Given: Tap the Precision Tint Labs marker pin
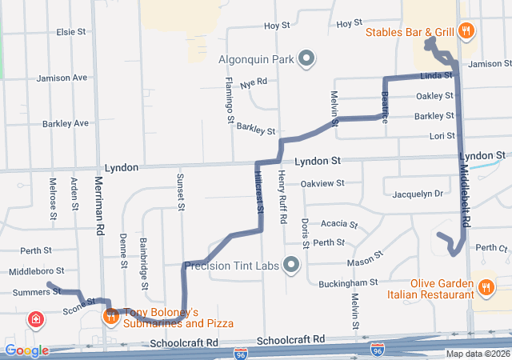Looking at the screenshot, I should (x=291, y=264).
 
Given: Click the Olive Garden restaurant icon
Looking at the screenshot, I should (x=486, y=287).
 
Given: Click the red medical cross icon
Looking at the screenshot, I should (x=35, y=322).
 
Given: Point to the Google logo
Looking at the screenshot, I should (x=26, y=350).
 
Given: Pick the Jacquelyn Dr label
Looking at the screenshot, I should (x=417, y=194).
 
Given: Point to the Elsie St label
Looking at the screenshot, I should (x=70, y=32).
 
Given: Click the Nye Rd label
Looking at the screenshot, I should (x=253, y=82).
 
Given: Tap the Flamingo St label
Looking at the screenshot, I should (x=229, y=99).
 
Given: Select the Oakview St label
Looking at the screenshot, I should (x=323, y=183).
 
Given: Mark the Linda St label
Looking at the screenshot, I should (x=437, y=75).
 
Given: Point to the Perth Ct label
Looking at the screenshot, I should (x=491, y=248).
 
